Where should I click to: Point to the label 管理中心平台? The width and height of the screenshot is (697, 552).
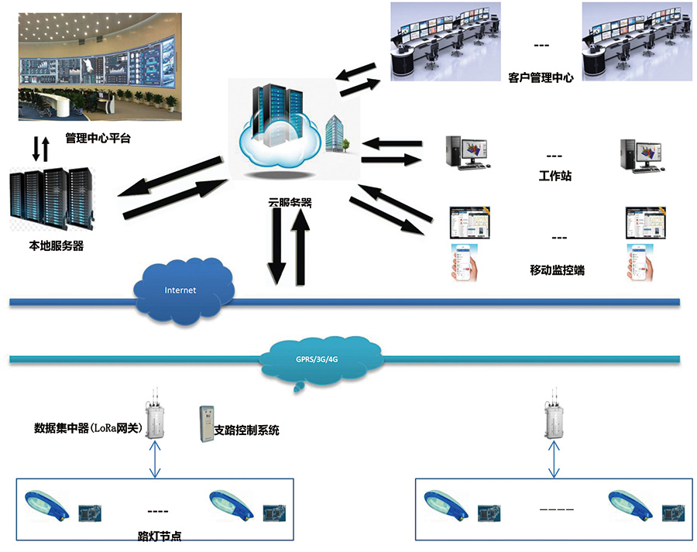pyautogui.click(x=98, y=140)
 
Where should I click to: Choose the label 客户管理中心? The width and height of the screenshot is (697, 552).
pyautogui.click(x=541, y=77)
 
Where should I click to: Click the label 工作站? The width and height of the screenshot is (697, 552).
pyautogui.click(x=555, y=177)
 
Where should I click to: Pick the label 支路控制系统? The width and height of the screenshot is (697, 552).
pyautogui.click(x=245, y=430)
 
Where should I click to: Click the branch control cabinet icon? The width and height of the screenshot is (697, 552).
pyautogui.click(x=205, y=423)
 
